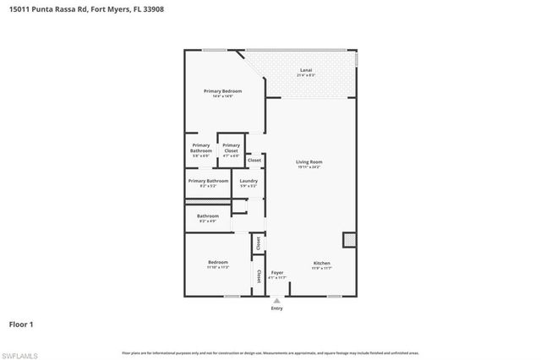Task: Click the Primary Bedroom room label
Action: click(x=222, y=90)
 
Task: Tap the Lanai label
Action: click(x=306, y=69)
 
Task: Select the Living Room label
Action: click(x=309, y=161)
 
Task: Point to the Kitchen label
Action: click(x=321, y=263)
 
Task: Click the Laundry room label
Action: click(x=249, y=180)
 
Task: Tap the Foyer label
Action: click(x=276, y=272)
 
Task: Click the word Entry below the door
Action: click(x=277, y=308)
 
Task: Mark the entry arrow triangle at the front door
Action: click(x=276, y=299)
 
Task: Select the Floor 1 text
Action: click(x=20, y=324)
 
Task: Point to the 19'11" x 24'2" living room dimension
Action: click(x=309, y=167)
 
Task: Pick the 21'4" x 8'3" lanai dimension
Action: click(x=306, y=75)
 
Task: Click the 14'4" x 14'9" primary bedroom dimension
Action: click(x=222, y=96)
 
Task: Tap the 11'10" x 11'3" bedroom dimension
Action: click(x=218, y=268)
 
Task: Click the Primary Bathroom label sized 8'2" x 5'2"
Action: click(x=208, y=180)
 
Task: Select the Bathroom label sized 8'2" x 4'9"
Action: click(x=208, y=215)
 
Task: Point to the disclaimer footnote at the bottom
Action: click(x=270, y=352)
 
